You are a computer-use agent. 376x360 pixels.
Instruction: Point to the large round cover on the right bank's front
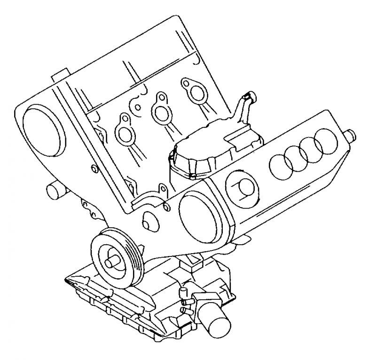tap(197, 217)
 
